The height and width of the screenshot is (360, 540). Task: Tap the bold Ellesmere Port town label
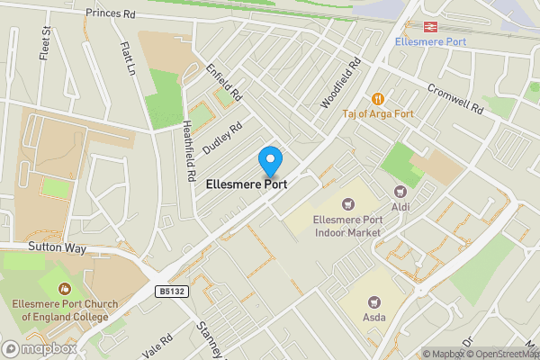[x=247, y=184]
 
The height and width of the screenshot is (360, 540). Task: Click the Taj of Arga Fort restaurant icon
[x=378, y=98]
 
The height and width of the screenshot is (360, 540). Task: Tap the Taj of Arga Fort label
[x=378, y=114]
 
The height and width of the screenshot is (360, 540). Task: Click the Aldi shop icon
[x=400, y=191]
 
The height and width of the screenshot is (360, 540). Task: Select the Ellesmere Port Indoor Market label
[x=346, y=225]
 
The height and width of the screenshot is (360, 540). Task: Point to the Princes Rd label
[x=110, y=14]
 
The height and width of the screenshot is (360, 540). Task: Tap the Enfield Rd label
[x=225, y=80]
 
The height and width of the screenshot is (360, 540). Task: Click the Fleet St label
[x=44, y=40]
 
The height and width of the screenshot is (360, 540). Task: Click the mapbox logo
[x=40, y=348]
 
